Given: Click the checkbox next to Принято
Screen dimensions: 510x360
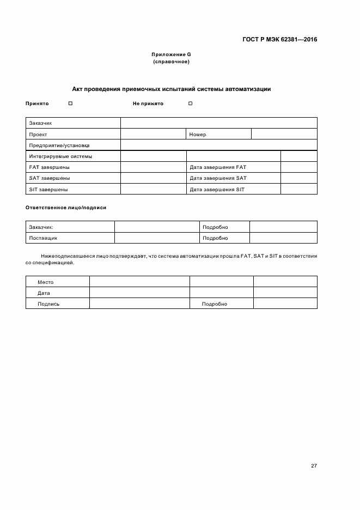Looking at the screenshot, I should [71, 103].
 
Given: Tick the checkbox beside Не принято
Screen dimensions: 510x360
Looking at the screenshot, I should [191, 103].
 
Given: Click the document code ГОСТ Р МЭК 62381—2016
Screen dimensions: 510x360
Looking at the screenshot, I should [279, 40].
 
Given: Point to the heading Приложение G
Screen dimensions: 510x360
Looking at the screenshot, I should [171, 55].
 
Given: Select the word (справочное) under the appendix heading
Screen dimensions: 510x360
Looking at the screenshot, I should [171, 62].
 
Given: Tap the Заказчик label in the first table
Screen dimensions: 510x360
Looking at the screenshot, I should [40, 123].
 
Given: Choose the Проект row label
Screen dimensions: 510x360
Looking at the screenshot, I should [38, 135].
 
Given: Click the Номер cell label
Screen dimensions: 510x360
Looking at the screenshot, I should [198, 135].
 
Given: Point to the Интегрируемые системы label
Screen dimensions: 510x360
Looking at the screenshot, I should [60, 156].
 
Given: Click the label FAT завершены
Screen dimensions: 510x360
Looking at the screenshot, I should [49, 167].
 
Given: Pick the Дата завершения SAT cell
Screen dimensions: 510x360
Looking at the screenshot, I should [218, 178].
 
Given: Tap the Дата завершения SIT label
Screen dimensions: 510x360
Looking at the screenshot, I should [217, 190].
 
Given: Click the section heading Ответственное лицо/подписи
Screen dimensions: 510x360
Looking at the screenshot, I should [66, 208].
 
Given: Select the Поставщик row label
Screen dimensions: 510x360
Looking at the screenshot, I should [43, 238].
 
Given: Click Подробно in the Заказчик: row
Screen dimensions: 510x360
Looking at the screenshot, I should [215, 227].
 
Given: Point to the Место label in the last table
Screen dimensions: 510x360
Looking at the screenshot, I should [45, 282].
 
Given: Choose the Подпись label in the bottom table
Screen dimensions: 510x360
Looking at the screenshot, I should [48, 304].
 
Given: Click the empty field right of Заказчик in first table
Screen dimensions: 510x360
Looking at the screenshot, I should [218, 123].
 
